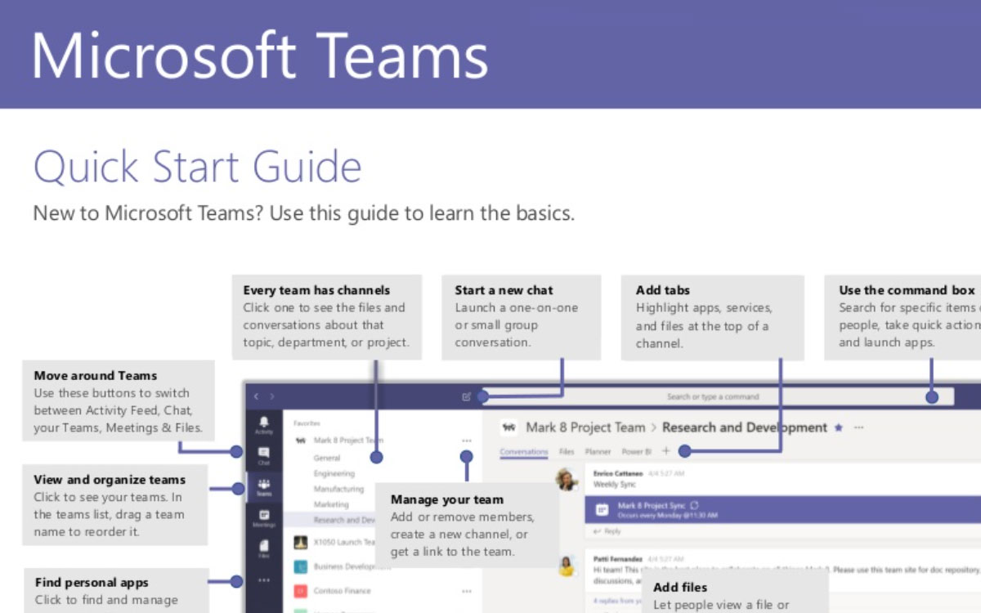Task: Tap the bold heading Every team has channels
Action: tap(316, 290)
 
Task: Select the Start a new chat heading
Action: tap(504, 290)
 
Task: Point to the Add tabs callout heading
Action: tap(662, 290)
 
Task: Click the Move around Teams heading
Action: tap(96, 376)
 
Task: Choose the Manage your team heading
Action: tap(446, 499)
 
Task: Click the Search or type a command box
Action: tap(712, 397)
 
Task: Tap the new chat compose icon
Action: tap(466, 397)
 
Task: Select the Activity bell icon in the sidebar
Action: tap(264, 423)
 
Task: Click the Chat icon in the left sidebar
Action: tap(264, 454)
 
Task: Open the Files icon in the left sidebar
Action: tap(264, 548)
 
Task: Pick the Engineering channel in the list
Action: tap(334, 473)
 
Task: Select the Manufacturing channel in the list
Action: tap(338, 489)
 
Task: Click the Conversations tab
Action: tap(523, 451)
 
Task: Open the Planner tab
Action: tap(598, 451)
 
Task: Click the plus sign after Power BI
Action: tap(665, 450)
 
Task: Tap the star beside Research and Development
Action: tap(838, 427)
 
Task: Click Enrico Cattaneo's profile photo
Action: tap(567, 479)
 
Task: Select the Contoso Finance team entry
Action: tap(341, 591)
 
